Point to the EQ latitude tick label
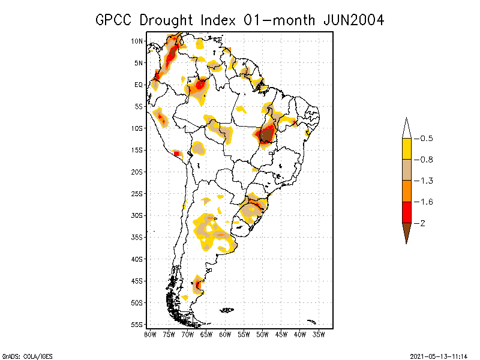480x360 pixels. pos(139,85)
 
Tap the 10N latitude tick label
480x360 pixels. pos(137,41)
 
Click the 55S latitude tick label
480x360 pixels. pos(137,325)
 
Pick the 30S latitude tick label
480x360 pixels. pos(137,215)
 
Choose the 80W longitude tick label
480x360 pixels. pos(150,334)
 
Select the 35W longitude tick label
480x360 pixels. pos(319,334)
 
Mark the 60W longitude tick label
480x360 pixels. pos(225,334)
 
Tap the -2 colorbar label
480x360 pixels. pos(421,223)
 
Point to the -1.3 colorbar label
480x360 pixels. pos(424,181)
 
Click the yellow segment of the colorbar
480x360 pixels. pos(406,149)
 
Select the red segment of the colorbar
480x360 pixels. pos(406,212)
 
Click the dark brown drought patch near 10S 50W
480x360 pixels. pos(265,134)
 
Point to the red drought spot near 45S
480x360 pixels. pos(198,284)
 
